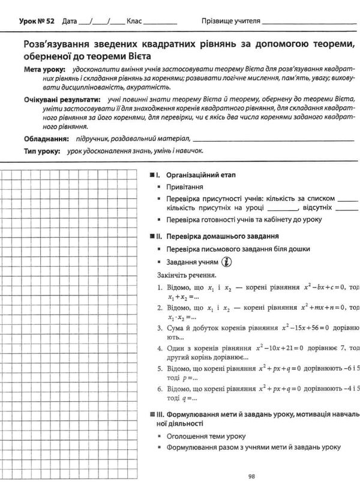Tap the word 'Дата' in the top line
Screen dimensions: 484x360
click(70, 20)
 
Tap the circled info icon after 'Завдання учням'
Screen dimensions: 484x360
click(227, 262)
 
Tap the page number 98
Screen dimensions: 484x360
click(252, 476)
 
